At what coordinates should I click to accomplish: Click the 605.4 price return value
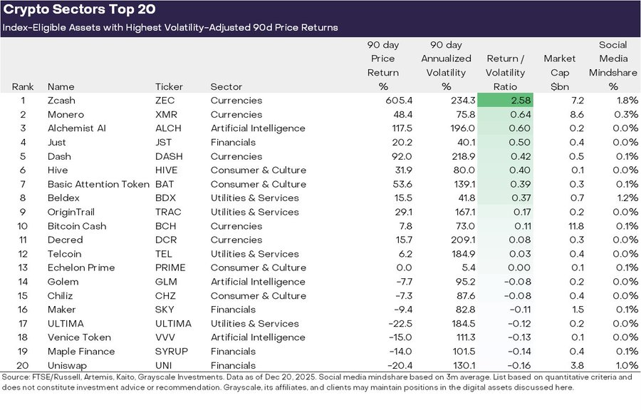pos(384,101)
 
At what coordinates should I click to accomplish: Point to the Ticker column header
pos(169,87)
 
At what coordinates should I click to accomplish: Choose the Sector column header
pos(226,87)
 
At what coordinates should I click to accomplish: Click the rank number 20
pos(23,365)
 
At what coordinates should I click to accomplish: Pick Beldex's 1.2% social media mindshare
pos(626,198)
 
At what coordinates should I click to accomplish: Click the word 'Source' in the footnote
pos(16,377)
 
